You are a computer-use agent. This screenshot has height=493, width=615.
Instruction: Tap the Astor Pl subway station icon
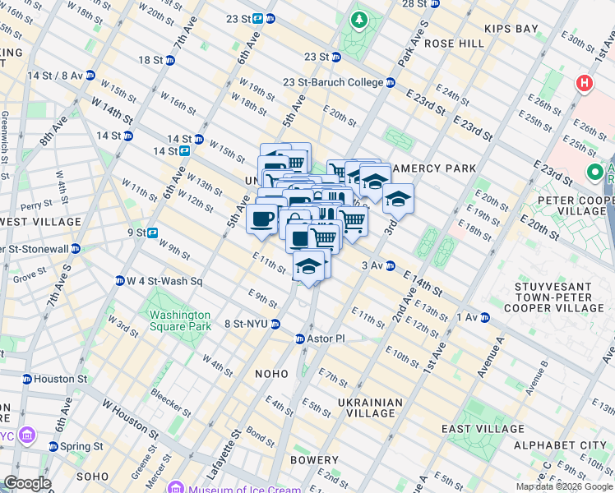point(301,339)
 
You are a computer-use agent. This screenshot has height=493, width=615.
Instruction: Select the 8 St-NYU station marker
point(276,324)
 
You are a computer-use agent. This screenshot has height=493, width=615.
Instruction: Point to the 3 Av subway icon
point(391,265)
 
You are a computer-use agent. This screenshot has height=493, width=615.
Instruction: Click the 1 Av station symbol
point(484,317)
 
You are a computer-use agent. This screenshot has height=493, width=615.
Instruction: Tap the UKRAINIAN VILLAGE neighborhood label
point(370,408)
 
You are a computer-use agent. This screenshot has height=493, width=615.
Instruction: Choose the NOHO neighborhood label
point(271,374)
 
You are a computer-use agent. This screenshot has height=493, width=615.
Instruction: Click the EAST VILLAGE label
point(483,429)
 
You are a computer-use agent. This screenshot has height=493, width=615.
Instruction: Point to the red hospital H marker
point(585,83)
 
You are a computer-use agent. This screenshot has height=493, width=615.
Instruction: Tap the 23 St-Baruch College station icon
point(391,82)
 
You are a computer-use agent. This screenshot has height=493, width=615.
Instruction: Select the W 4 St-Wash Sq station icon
point(120,281)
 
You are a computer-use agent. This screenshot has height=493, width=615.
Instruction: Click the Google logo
point(26,483)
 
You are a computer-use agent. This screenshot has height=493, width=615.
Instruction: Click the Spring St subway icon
point(53,446)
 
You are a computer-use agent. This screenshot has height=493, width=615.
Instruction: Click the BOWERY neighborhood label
point(314,460)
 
